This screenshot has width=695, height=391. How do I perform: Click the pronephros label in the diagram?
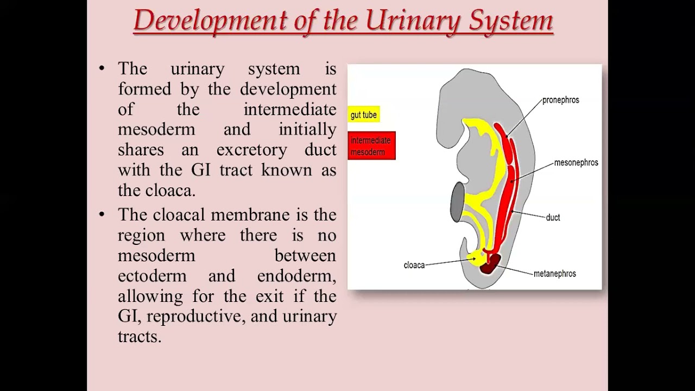560,100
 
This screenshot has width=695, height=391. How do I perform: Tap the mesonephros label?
576,162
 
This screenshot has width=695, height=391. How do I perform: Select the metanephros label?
554,274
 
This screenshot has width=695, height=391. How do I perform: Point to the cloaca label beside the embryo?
414,265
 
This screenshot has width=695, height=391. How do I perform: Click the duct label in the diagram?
553,217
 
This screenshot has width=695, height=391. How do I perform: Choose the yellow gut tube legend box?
364,115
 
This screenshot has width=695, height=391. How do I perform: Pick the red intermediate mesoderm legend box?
371,146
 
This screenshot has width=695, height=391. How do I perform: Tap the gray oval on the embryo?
458,201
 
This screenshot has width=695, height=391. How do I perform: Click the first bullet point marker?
102,68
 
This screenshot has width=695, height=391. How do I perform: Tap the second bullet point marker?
102,215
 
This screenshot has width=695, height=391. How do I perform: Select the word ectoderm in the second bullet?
152,275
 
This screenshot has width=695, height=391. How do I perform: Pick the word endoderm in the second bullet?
296,275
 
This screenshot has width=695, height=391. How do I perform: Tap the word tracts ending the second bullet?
139,336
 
